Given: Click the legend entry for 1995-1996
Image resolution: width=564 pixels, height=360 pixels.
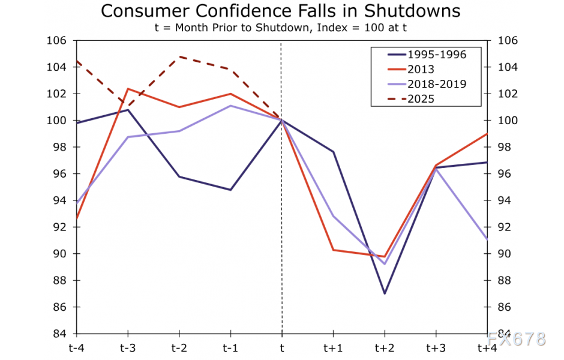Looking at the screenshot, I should tap(436, 54).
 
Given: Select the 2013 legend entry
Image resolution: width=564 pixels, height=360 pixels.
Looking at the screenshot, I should tap(420, 70).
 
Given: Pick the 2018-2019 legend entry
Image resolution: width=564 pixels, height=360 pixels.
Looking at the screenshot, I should tap(436, 84).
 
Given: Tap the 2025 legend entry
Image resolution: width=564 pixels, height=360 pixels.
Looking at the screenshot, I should tap(420, 99).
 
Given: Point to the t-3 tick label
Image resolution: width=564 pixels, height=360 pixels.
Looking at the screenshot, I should tap(128, 348).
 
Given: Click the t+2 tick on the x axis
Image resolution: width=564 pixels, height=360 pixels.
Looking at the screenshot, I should tap(384, 348).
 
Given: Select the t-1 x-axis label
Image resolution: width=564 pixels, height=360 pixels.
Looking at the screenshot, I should tap(230, 348).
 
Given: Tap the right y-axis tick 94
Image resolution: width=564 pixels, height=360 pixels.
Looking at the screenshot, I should tap(502, 200).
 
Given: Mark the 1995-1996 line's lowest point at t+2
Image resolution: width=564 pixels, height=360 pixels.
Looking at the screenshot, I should tap(384, 293).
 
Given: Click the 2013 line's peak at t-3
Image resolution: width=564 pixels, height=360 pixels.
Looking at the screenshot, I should tap(128, 89).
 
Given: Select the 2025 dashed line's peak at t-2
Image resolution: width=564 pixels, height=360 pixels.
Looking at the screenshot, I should tap(179, 56).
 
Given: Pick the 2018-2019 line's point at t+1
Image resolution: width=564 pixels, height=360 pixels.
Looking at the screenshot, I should tap(333, 216).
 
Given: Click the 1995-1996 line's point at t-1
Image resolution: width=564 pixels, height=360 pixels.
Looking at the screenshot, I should tap(230, 190).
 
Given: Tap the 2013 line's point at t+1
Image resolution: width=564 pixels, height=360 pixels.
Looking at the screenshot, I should tap(333, 250).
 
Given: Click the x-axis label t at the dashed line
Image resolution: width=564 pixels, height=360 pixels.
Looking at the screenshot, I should tap(282, 348).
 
